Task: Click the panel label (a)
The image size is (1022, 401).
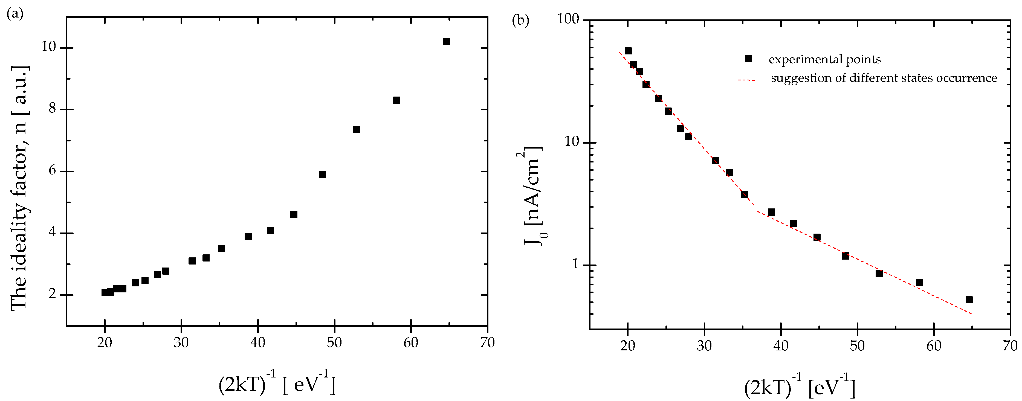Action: click(x=15, y=14)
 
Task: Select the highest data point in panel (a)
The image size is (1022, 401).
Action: click(x=446, y=42)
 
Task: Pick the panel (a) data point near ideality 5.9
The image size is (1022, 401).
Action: click(x=322, y=175)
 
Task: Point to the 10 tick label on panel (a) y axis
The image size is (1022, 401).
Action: click(x=48, y=47)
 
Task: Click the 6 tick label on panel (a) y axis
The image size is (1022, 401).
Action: click(x=52, y=171)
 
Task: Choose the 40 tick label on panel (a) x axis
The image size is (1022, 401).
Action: click(x=258, y=342)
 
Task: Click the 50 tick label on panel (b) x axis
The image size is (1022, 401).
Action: click(x=857, y=346)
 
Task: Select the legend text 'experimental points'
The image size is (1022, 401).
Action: click(x=825, y=60)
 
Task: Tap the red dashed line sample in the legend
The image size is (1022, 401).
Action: click(x=746, y=80)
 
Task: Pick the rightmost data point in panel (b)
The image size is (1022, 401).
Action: click(x=969, y=300)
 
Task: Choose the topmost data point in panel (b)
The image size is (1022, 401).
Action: click(x=628, y=51)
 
